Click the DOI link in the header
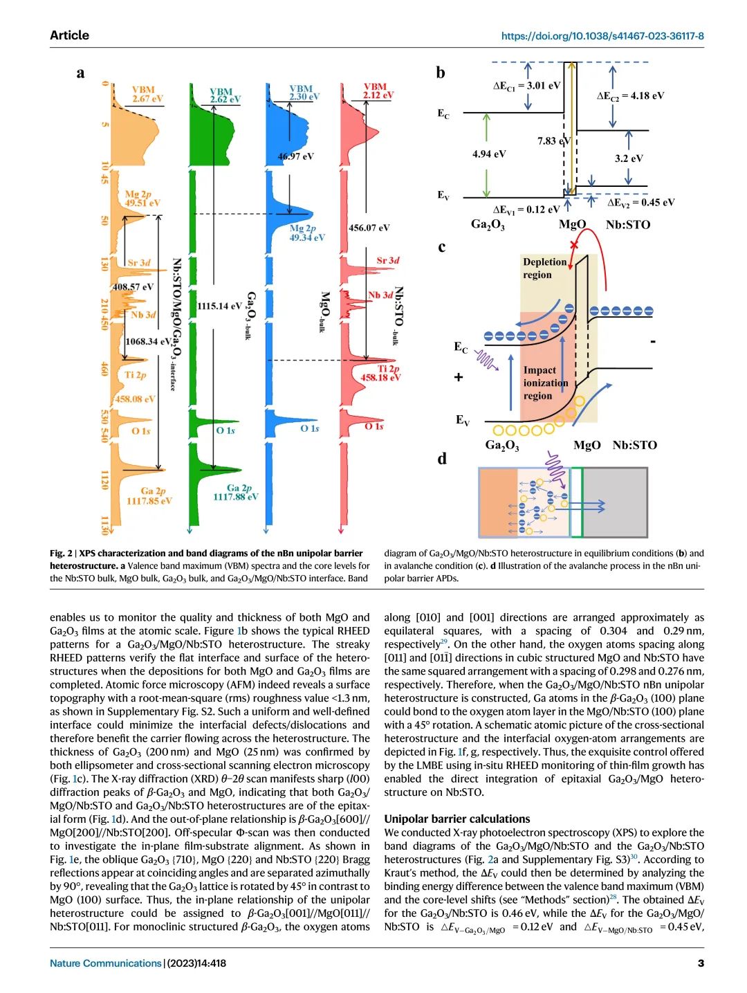pos(602,36)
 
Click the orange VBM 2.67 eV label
pos(147,94)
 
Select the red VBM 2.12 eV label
pos(378,91)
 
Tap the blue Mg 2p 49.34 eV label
pos(306,233)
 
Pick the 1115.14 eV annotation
pos(219,306)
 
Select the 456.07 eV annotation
pos(369,227)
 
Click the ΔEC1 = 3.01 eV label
pos(526,86)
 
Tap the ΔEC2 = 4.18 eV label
pos(630,95)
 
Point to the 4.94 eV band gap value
pos(489,154)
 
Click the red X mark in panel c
pos(573,246)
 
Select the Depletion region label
pos(545,268)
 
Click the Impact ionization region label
pos(546,383)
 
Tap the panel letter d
pos(442,458)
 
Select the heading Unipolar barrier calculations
pos(456,819)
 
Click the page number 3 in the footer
pos(700,963)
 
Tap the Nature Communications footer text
pos(105,963)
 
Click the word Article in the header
pos(69,35)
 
